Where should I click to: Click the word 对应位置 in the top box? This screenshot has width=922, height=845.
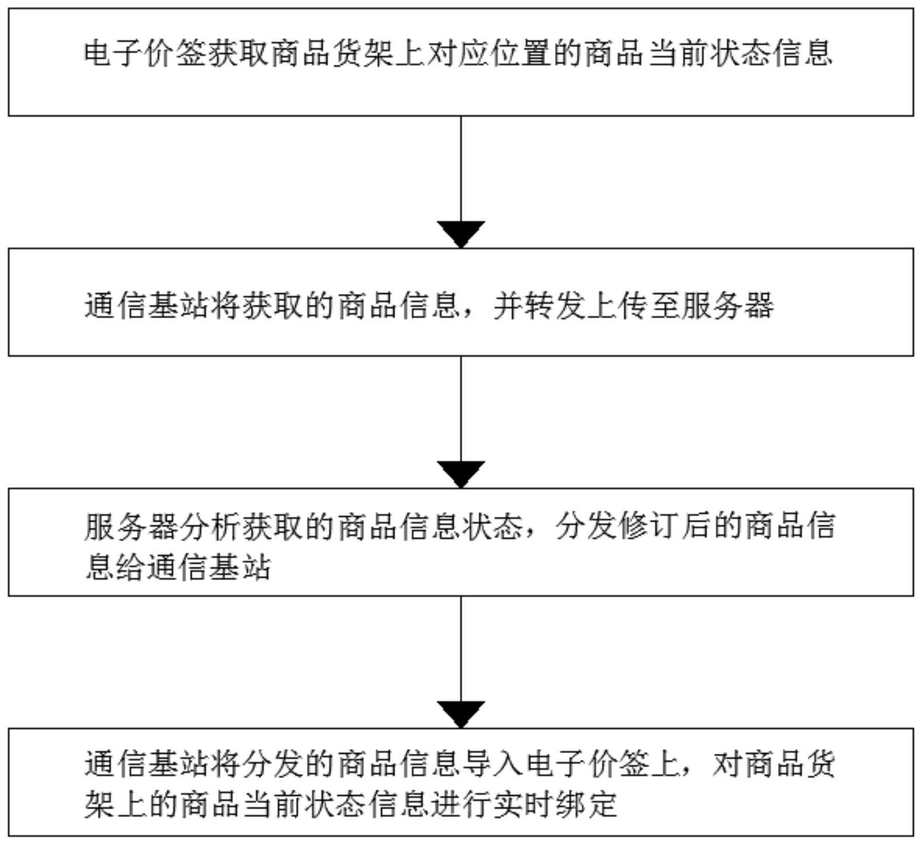pos(489,53)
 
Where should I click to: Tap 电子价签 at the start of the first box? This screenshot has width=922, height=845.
pos(146,53)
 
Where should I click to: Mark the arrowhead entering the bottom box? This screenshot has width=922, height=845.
pos(461,715)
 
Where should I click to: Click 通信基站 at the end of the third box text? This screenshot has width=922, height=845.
pos(208,567)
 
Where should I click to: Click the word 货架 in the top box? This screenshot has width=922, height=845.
pos(363,53)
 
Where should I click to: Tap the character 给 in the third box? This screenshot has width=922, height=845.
pos(130,567)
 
